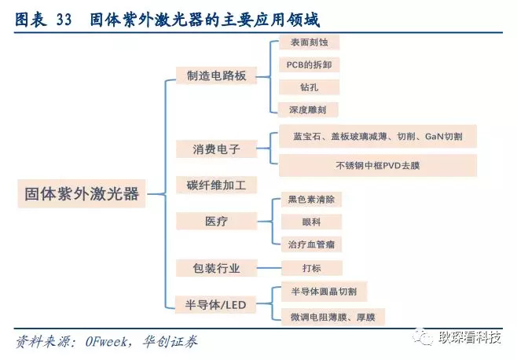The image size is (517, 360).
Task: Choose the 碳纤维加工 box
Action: click(217, 186)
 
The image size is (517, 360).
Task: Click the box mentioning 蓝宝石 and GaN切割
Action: click(377, 137)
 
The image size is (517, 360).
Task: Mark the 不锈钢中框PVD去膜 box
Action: click(377, 165)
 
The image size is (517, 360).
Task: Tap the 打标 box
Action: click(299, 268)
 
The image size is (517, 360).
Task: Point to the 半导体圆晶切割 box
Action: click(323, 292)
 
